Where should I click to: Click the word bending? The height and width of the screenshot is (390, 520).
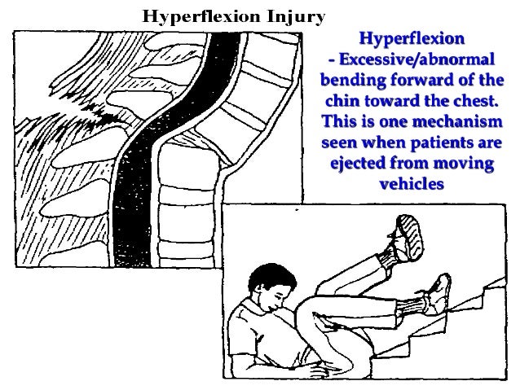pos(352,81)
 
